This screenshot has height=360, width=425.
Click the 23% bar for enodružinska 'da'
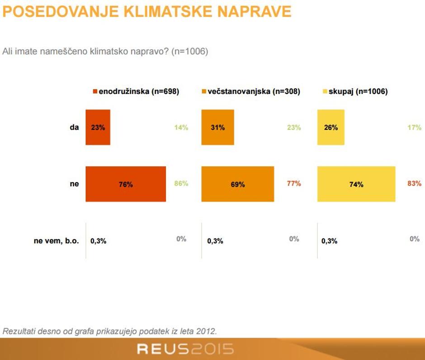[98, 127]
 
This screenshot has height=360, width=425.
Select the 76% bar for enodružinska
[126, 184]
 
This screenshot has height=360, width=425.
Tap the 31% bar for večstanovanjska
[217, 127]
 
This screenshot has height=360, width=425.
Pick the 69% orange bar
[237, 184]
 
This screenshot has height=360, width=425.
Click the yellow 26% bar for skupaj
[331, 127]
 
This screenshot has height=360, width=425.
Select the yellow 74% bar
[356, 184]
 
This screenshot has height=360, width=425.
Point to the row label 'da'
[74, 127]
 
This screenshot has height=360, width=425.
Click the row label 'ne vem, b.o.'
[57, 241]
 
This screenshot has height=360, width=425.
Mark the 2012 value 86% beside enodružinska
[181, 183]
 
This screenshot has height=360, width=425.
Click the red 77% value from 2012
[294, 183]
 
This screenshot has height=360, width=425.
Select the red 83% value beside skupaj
[414, 183]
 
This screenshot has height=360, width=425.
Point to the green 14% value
[181, 127]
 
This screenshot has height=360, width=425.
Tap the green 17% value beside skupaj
[414, 127]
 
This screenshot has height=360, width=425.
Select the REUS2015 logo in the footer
[185, 349]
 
